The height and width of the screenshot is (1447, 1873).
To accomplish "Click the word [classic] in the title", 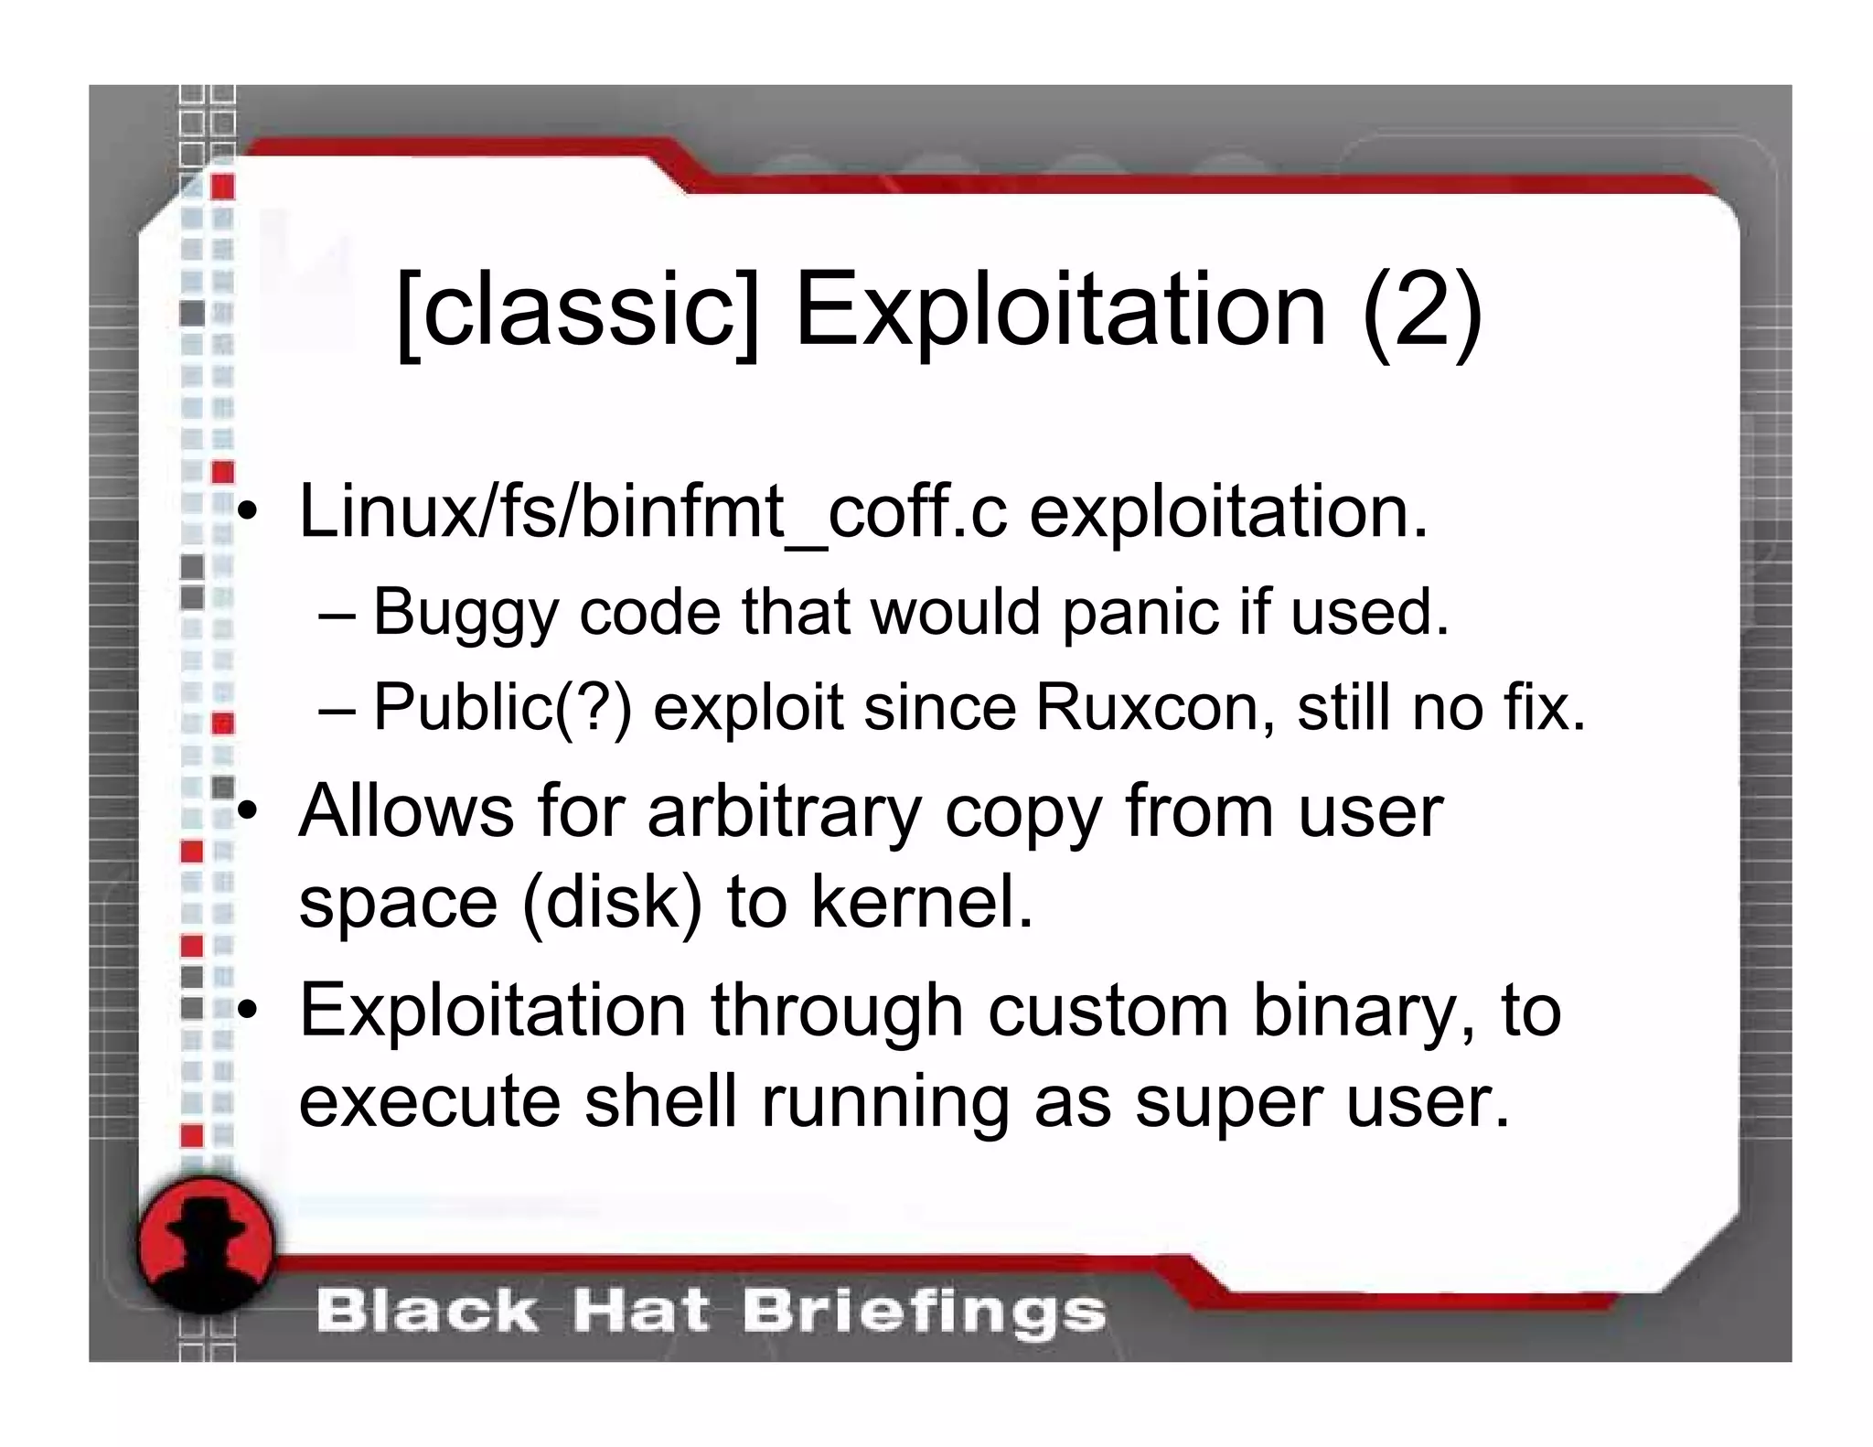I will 579,311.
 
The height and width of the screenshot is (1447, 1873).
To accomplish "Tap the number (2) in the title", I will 1421,311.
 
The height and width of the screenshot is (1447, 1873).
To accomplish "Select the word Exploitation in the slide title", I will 1060,311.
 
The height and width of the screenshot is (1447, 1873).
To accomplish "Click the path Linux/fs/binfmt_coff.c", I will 652,512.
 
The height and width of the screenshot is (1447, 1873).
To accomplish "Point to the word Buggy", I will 466,613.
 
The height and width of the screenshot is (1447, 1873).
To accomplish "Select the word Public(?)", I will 502,708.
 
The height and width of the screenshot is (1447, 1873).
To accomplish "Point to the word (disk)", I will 613,902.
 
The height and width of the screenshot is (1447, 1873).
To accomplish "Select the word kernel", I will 922,902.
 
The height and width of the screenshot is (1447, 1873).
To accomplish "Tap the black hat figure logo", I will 207,1244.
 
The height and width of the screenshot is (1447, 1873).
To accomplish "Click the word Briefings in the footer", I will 924,1312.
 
